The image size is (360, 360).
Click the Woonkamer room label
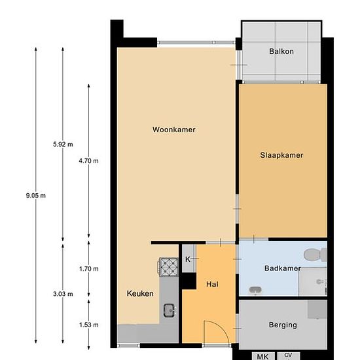[x=174, y=130]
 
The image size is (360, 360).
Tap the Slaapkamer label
[x=281, y=155]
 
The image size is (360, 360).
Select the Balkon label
[x=281, y=51]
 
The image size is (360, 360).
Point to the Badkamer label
[x=282, y=268]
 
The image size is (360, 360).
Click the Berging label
[x=283, y=325]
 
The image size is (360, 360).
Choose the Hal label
[x=212, y=284]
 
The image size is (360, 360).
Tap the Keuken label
[x=140, y=293]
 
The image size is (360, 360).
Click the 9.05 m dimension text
[x=36, y=196]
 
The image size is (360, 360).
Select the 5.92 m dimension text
[x=63, y=144]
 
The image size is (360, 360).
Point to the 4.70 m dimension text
[x=88, y=161]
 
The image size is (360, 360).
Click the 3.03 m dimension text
[x=63, y=294]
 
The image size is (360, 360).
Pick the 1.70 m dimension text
[x=89, y=268]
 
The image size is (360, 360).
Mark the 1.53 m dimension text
[x=89, y=325]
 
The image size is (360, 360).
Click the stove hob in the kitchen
[x=168, y=267]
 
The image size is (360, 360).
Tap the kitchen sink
[x=170, y=310]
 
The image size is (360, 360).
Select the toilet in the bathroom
[x=315, y=255]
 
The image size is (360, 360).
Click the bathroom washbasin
[x=255, y=290]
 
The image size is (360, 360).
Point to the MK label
[x=262, y=357]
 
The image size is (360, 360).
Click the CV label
[x=288, y=355]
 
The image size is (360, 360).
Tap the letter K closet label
[x=188, y=259]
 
